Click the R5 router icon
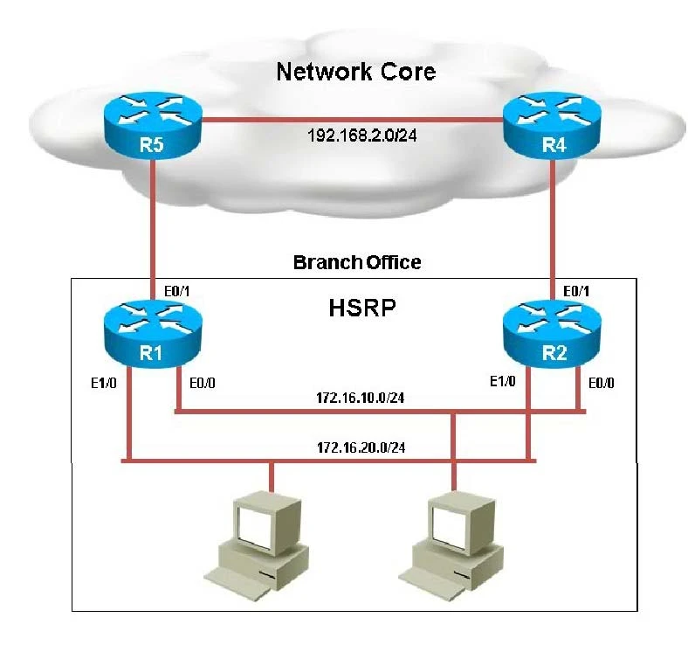pos(154,128)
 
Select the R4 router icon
pos(552,128)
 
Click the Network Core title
pos(355,71)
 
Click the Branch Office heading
pos(356,262)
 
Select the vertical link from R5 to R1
pos(154,218)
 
